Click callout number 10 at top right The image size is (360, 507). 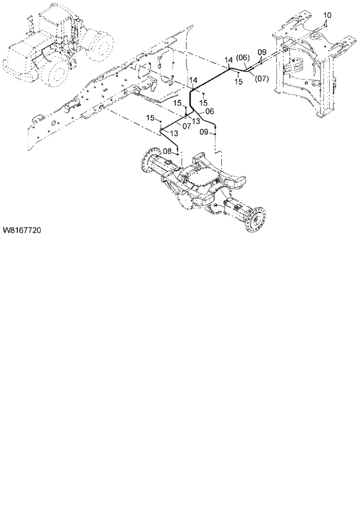click(327, 14)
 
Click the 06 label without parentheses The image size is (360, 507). click(210, 111)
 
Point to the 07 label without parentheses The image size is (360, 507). click(188, 125)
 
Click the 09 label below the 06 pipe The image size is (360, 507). click(204, 132)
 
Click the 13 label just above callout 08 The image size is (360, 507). click(173, 134)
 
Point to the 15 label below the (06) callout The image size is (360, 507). click(238, 82)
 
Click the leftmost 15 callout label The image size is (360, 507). click(150, 118)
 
